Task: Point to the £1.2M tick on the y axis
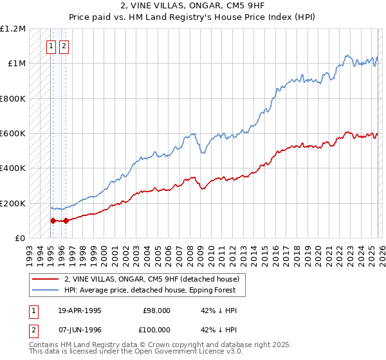14,29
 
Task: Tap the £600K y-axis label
13,133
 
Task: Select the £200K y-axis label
13,203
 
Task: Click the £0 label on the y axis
20,238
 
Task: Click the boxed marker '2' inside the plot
64,46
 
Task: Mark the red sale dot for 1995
53,221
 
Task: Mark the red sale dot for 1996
66,221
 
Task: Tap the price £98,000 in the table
156,310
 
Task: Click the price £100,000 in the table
154,330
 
